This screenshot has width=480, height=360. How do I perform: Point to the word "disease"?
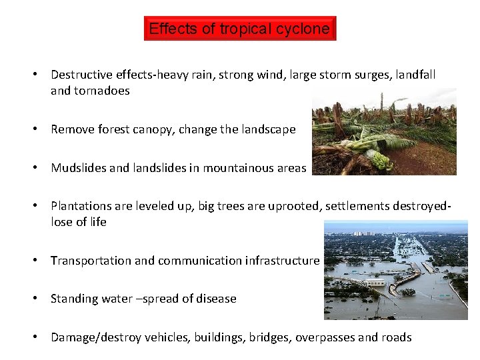216,299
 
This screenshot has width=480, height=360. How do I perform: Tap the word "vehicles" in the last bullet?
169,337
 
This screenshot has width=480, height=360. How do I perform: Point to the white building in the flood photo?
377,282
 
